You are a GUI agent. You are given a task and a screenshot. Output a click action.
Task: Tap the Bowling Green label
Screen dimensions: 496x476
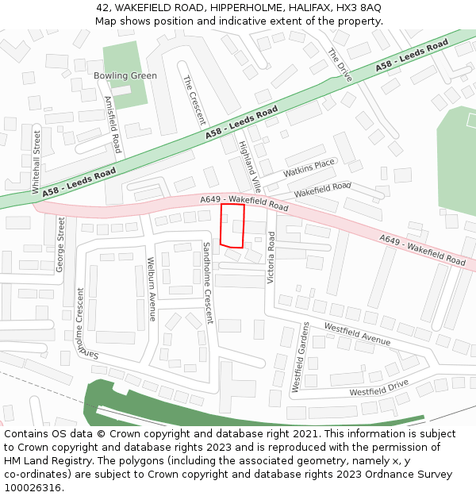point(125,76)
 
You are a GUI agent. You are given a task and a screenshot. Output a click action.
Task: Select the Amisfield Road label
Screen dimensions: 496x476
point(113,125)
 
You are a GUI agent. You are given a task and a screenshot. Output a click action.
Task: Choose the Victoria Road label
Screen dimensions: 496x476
point(271,257)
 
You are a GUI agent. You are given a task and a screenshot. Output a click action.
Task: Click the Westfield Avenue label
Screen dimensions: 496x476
point(357,333)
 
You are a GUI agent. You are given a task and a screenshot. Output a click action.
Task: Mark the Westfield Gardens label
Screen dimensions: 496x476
point(301,357)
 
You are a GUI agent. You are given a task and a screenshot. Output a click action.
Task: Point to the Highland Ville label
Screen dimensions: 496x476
point(249,167)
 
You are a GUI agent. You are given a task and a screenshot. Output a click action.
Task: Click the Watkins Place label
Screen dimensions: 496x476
point(309,168)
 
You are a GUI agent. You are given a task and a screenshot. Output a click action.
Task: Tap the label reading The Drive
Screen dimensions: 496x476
point(340,65)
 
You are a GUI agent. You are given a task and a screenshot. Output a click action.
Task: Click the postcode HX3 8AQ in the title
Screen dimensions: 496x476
point(359,7)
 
